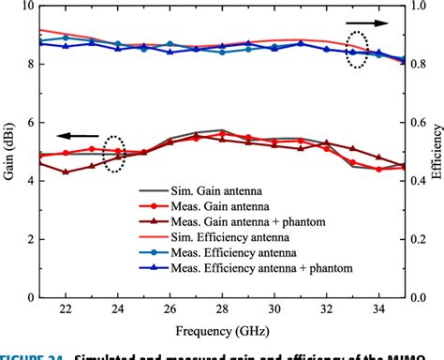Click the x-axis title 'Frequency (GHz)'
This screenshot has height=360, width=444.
tap(222, 332)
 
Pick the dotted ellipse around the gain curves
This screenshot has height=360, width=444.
tap(114, 154)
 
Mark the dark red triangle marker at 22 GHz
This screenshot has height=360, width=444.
tap(66, 172)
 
